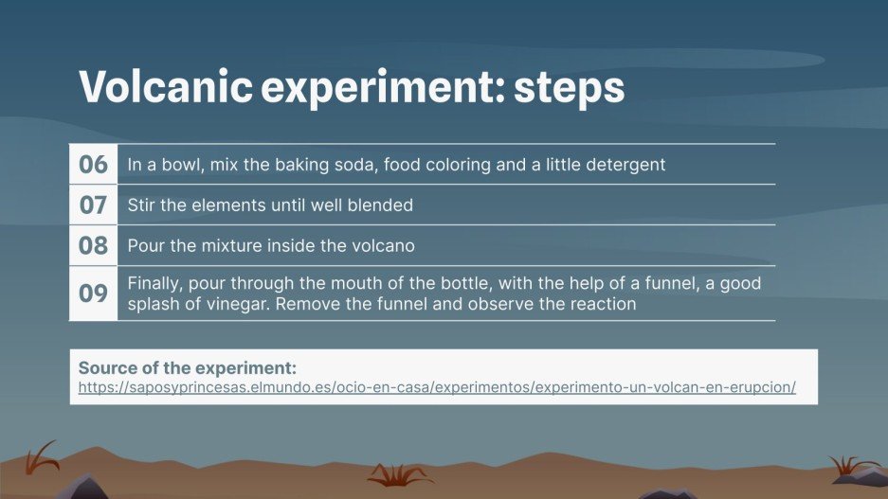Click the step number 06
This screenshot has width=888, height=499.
tap(93, 164)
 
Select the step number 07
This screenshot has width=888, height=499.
tap(93, 205)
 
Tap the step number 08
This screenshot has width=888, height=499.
tap(93, 245)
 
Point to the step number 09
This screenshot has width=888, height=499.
tap(93, 294)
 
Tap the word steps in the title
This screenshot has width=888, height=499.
tap(570, 88)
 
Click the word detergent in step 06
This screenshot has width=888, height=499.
tap(624, 165)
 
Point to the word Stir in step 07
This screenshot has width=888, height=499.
tap(141, 205)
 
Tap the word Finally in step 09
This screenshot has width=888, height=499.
tap(153, 283)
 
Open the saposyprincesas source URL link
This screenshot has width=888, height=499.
tap(436, 388)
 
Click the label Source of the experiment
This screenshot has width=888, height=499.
tap(187, 367)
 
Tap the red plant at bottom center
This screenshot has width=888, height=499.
tap(400, 473)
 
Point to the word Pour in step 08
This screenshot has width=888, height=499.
tap(144, 245)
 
